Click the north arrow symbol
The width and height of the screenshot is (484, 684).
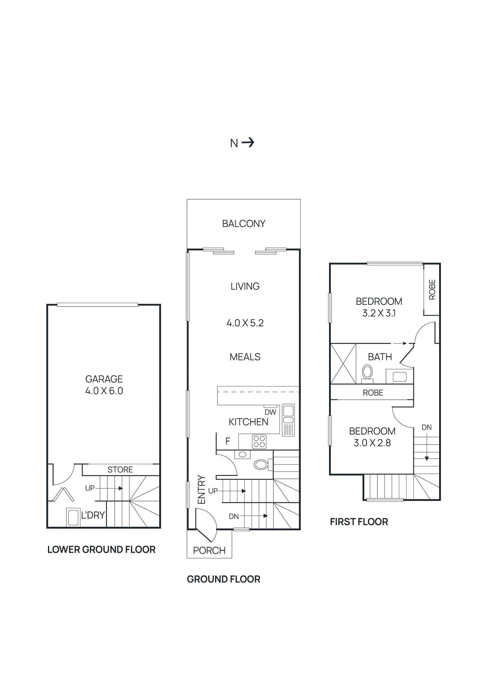pyautogui.click(x=248, y=143)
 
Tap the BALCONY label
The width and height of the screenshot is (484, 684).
pyautogui.click(x=243, y=224)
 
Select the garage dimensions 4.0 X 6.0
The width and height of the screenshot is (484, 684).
pyautogui.click(x=104, y=391)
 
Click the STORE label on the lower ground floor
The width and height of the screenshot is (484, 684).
pyautogui.click(x=120, y=470)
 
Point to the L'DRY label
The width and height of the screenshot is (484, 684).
pyautogui.click(x=92, y=515)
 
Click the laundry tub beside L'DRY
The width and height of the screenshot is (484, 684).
pyautogui.click(x=73, y=517)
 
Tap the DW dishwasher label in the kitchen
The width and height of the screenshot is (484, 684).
pyautogui.click(x=270, y=412)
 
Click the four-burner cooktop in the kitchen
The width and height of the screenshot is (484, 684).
pyautogui.click(x=259, y=442)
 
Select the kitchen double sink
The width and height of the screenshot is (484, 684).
pyautogui.click(x=288, y=419)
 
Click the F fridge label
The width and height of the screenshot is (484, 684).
pyautogui.click(x=228, y=441)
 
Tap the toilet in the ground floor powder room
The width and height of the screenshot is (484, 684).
pyautogui.click(x=262, y=465)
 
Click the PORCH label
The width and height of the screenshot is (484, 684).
pyautogui.click(x=209, y=551)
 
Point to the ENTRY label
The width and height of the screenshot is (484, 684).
pyautogui.click(x=201, y=489)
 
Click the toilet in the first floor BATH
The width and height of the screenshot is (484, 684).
pyautogui.click(x=367, y=374)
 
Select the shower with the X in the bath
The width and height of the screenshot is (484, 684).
pyautogui.click(x=343, y=364)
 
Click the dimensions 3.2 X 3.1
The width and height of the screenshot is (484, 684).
pyautogui.click(x=379, y=313)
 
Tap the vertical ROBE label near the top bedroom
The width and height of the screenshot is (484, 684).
pyautogui.click(x=432, y=289)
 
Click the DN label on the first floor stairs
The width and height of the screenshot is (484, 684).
pyautogui.click(x=427, y=427)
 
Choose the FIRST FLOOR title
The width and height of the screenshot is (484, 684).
pyautogui.click(x=359, y=522)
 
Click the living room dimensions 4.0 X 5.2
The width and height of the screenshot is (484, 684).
pyautogui.click(x=245, y=323)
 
